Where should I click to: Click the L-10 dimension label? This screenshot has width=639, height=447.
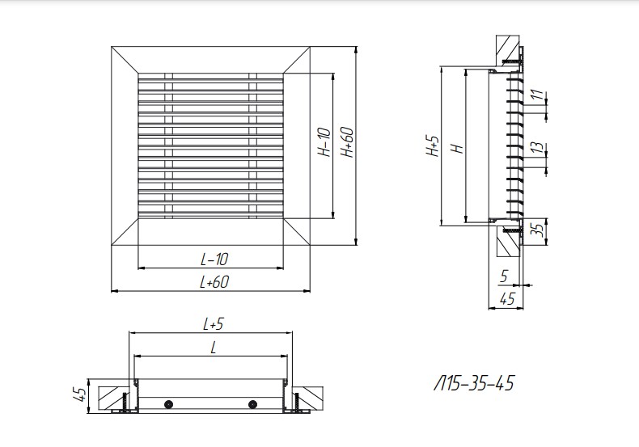[214, 259]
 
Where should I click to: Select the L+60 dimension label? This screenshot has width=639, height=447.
[214, 282]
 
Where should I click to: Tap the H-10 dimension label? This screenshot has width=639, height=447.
[324, 142]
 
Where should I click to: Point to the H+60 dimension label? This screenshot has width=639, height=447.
[347, 142]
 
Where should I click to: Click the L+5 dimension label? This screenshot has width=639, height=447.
[214, 324]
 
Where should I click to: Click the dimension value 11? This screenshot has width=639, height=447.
[538, 95]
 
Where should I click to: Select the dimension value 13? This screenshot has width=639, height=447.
[538, 147]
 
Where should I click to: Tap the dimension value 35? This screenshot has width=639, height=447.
[539, 230]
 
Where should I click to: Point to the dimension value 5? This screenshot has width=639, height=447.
[504, 276]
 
